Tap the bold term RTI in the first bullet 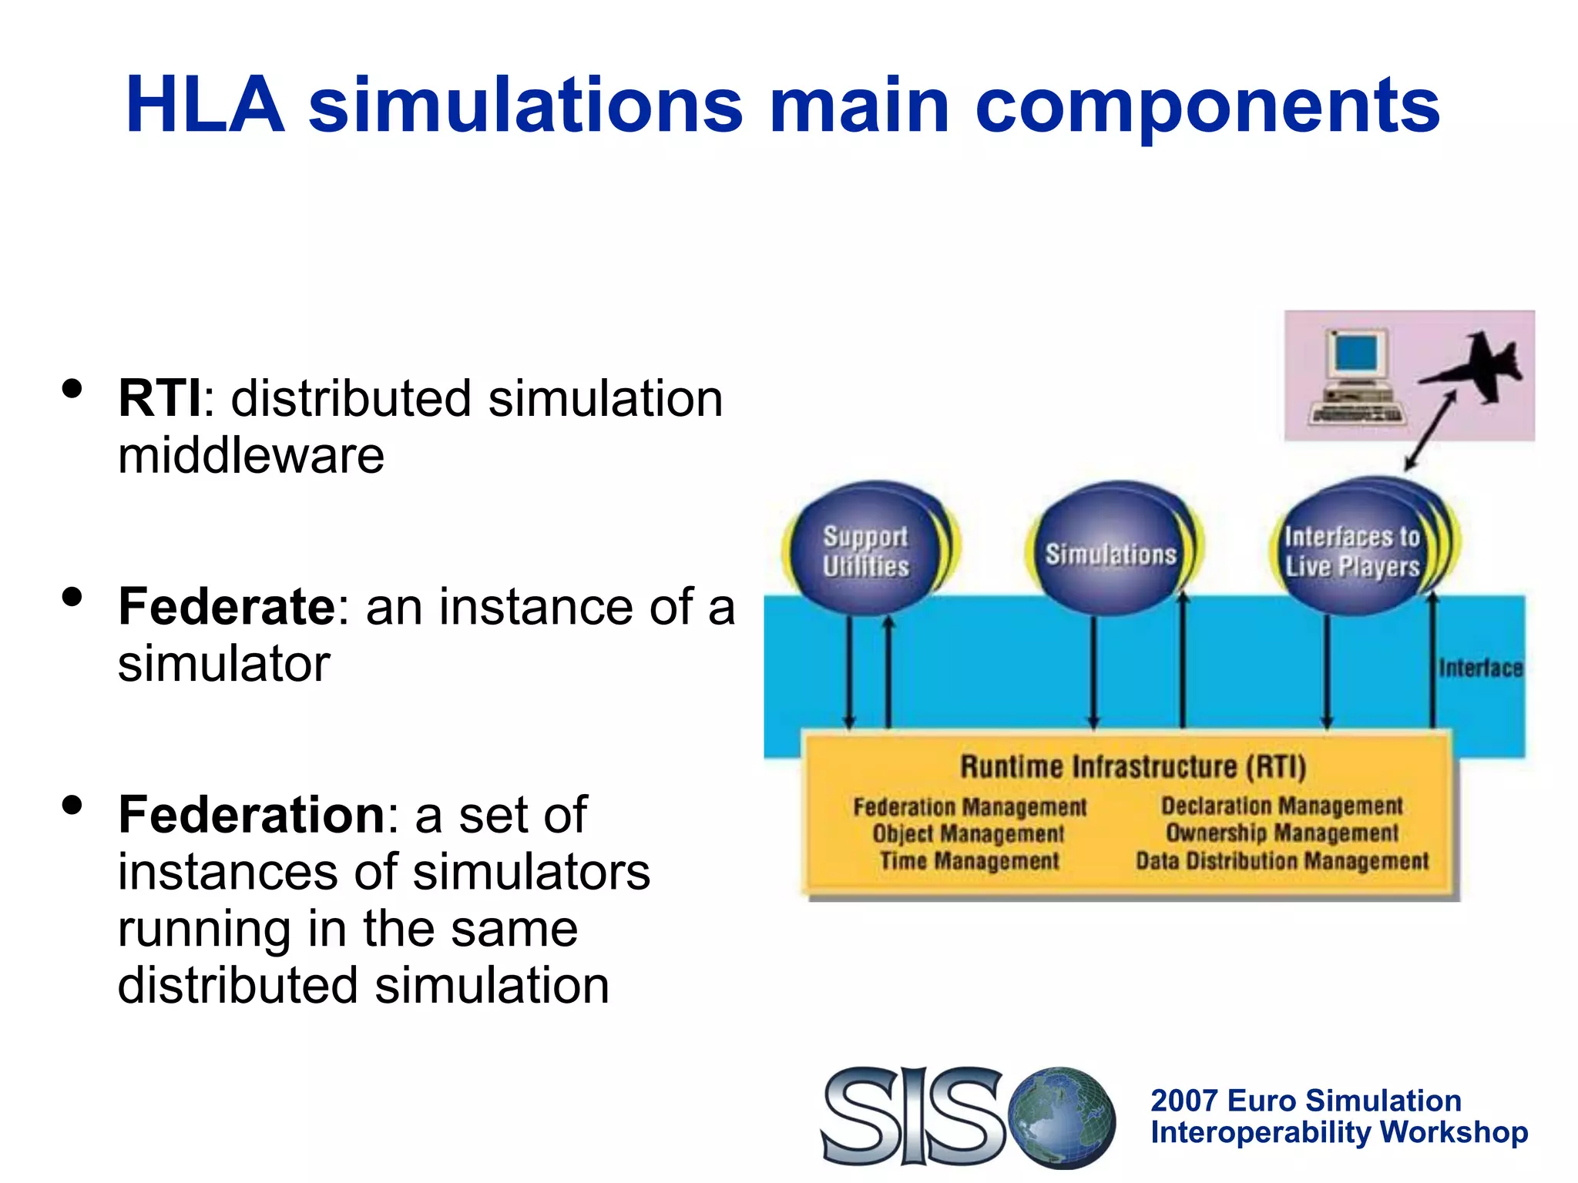160,399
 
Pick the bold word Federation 251,815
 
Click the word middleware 251,455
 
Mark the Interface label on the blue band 1480,668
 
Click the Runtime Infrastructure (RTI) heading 1133,767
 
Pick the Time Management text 969,861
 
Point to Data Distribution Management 1282,861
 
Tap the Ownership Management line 1282,833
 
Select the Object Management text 968,834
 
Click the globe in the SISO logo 1062,1117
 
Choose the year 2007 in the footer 1183,1101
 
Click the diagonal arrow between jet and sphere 1430,430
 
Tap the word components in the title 1207,106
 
